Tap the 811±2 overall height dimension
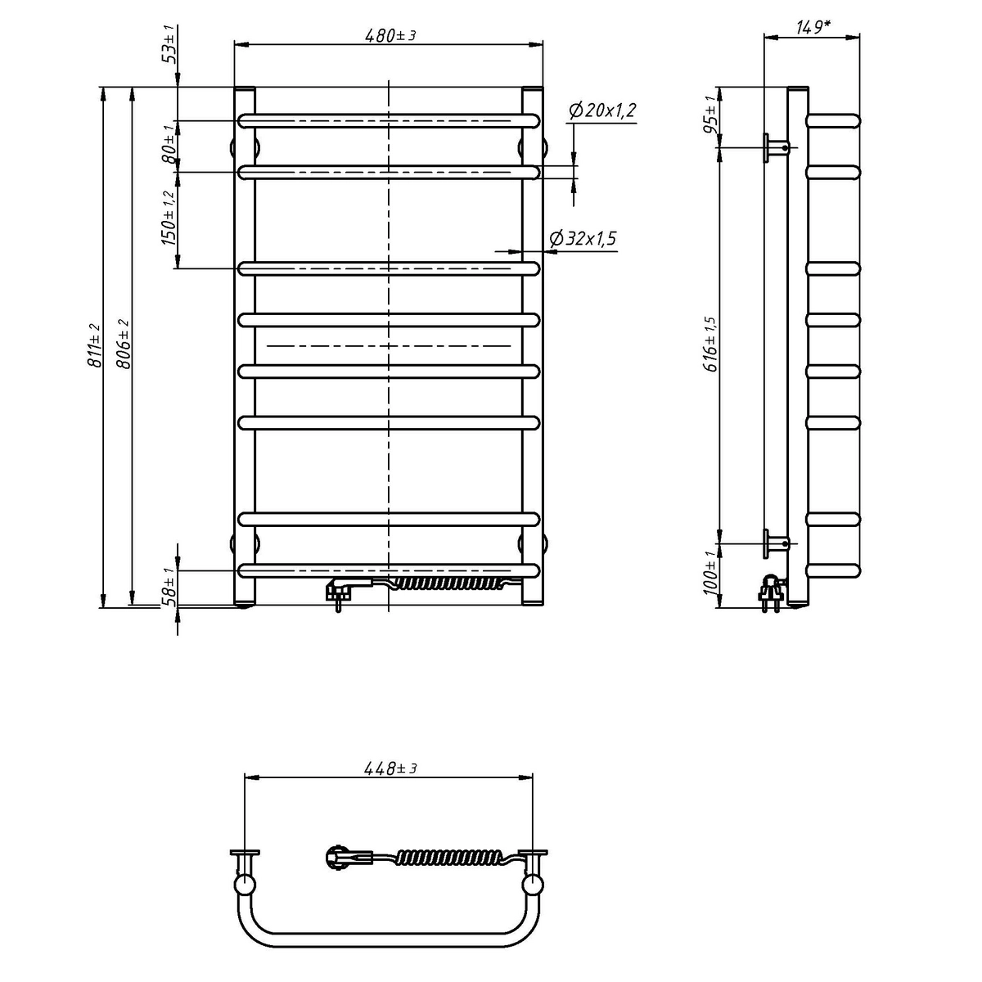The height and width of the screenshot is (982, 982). (95, 345)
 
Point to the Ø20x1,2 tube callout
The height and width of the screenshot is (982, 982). (602, 110)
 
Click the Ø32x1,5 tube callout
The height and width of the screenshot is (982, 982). (583, 238)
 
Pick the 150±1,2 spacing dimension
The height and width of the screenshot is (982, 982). (169, 218)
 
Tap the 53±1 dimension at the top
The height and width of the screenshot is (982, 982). (169, 44)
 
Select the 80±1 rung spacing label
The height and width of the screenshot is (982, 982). (169, 144)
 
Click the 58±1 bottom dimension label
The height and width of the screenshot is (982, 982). (169, 586)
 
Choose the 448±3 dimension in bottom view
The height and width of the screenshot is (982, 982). (391, 768)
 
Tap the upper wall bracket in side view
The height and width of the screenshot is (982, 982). (776, 148)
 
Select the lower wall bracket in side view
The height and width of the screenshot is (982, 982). (776, 543)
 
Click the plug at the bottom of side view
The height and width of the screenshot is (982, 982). (771, 592)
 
